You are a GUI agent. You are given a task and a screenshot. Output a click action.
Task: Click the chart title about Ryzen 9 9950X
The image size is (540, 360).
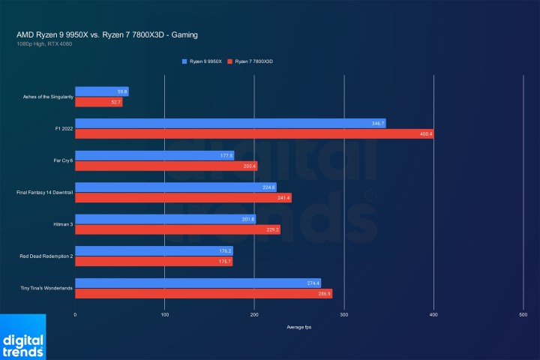pos(107,34)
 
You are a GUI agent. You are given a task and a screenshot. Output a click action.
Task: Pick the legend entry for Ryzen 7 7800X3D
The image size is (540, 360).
pos(253,60)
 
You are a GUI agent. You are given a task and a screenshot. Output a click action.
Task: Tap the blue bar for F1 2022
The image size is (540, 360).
pos(230,123)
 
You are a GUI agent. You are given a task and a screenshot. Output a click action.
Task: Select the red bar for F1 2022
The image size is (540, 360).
pos(254,133)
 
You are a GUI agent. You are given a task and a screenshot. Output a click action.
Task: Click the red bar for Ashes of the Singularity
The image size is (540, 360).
pos(98,102)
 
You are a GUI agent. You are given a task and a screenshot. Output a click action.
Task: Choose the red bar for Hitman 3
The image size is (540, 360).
pos(178,229)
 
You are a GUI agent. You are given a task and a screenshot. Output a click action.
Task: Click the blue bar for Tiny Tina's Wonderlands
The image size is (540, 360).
pos(198,283)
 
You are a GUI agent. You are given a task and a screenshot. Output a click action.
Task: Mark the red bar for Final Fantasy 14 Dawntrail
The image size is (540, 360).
pos(183,197)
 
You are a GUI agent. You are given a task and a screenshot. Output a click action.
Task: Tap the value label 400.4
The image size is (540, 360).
pos(426,133)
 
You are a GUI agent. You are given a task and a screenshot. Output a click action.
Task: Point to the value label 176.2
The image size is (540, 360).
pos(225,250)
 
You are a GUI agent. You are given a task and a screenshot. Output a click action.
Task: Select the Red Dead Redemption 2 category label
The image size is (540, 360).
pos(46,256)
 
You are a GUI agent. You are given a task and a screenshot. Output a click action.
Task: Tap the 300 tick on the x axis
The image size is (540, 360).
pos(343,315)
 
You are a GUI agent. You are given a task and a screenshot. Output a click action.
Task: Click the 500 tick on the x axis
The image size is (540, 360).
pos(523,315)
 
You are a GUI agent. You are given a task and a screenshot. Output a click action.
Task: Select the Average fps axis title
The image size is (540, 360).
pos(298,328)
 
